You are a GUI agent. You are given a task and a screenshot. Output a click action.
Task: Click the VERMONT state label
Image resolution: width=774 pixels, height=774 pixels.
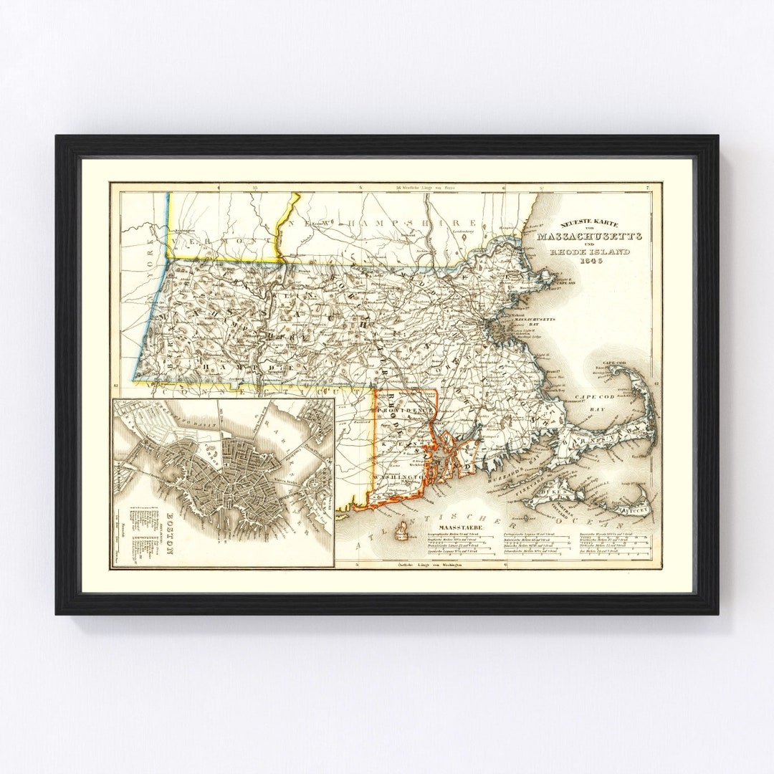point(222,242)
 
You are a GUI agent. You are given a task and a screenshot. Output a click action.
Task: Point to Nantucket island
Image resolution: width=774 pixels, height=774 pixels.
point(632,510)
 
